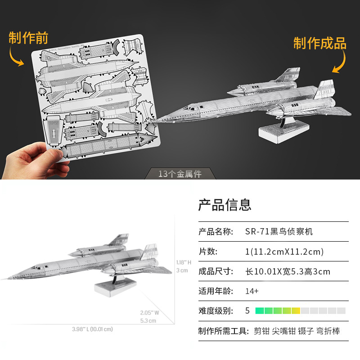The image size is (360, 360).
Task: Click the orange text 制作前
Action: click(x=28, y=38)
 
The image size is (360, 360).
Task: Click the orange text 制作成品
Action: click(x=320, y=43)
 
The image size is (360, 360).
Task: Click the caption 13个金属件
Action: click(x=180, y=174)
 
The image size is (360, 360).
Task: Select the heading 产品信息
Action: click(x=225, y=205)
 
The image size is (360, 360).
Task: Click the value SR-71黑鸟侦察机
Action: click(x=279, y=232)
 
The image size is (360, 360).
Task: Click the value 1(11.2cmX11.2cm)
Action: click(x=284, y=252)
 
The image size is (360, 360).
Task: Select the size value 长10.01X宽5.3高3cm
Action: click(x=288, y=271)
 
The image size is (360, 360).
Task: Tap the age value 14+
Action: click(x=252, y=291)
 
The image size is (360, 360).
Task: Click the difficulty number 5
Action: click(x=247, y=310)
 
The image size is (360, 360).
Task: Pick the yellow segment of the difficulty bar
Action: click(x=296, y=310)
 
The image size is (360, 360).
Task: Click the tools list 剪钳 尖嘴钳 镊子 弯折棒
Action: click(x=297, y=331)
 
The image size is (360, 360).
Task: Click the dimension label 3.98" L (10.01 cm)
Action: click(x=92, y=329)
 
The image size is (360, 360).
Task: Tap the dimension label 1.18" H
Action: click(x=184, y=262)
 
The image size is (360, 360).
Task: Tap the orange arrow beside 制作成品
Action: click(x=340, y=61)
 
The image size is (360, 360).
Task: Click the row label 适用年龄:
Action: click(x=216, y=291)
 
